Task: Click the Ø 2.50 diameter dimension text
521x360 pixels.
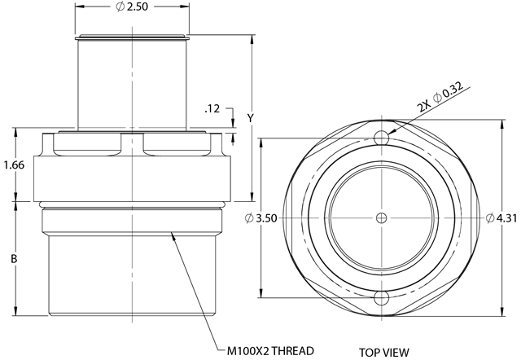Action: [132, 7]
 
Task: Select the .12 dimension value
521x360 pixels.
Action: [212, 108]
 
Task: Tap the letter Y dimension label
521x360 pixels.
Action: [251, 118]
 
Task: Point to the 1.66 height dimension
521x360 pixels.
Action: [14, 165]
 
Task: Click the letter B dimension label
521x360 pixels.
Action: [14, 259]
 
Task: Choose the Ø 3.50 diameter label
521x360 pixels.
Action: [260, 218]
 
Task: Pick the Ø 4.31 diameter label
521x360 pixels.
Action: [501, 218]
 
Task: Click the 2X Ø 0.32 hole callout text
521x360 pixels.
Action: [440, 97]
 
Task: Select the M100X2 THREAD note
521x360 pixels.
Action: [270, 351]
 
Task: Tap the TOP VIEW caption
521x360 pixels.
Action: [383, 352]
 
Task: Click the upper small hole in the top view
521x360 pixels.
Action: [382, 138]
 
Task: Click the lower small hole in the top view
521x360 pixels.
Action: [382, 298]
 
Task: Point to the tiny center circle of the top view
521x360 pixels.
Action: [382, 218]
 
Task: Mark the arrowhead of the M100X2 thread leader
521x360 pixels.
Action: [173, 237]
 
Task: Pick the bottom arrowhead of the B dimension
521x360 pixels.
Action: [15, 311]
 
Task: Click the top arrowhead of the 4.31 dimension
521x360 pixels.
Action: [501, 125]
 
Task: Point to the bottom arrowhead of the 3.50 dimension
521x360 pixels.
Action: [261, 293]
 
